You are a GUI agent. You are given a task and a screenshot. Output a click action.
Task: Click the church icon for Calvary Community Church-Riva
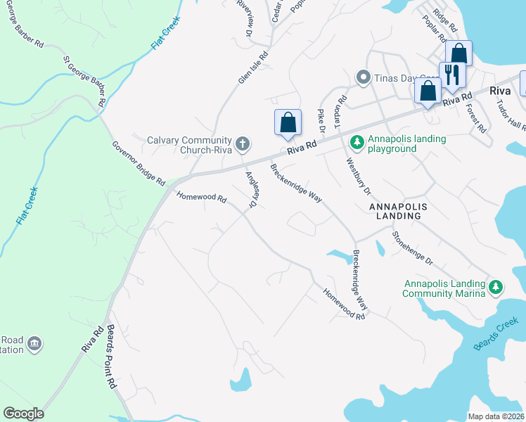(x=243, y=144)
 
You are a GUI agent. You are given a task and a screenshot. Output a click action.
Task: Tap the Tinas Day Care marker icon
(x=363, y=77)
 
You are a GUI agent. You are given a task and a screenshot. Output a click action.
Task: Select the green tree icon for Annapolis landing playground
(x=357, y=143)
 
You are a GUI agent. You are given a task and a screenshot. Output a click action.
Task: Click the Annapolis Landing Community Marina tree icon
(x=496, y=287)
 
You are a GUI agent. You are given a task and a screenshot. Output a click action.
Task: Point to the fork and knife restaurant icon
(x=450, y=74)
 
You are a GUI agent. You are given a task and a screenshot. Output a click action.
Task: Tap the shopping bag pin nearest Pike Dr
(x=288, y=122)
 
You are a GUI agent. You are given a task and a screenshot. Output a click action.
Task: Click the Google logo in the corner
(x=23, y=414)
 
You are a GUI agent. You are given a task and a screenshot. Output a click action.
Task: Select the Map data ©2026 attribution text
(x=496, y=416)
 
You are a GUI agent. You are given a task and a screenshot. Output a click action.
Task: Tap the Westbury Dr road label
(x=358, y=175)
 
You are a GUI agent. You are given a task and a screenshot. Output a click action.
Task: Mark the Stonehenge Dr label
(x=413, y=248)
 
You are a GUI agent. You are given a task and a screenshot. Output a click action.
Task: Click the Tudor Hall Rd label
(x=511, y=115)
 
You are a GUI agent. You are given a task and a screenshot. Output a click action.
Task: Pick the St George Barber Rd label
(x=84, y=81)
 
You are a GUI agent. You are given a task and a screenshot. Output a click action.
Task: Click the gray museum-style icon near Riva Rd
(x=34, y=344)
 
